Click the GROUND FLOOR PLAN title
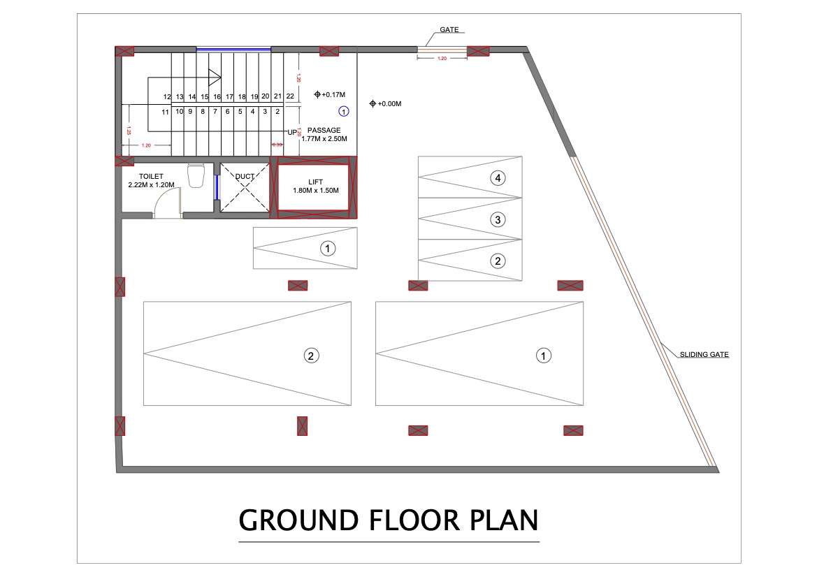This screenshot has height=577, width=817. coord(389,521)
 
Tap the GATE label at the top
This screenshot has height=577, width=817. coord(449,30)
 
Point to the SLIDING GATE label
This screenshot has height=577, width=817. coord(704,355)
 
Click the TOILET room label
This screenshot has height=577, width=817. coord(152,177)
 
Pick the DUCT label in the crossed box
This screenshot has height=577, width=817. coord(245,177)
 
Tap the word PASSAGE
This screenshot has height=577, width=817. coord(324,130)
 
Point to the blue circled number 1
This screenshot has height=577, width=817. coord(343,110)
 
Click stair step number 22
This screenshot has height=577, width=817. coord(290,96)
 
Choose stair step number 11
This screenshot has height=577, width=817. coord(166,112)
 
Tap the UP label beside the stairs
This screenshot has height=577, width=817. coord(292,132)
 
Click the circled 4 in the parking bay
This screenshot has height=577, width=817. coord(498,178)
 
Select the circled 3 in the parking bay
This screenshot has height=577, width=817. coord(498,220)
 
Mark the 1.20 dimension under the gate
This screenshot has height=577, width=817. coord(442,59)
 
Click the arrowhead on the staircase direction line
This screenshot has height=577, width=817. coord(216,78)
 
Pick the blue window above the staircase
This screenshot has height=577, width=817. coord(233,49)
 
